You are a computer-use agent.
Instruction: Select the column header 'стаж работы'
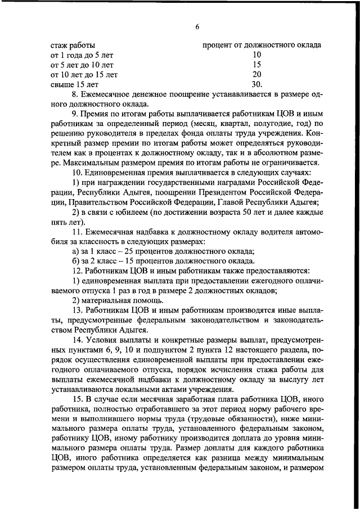73,44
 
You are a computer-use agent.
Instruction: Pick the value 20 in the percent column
256,74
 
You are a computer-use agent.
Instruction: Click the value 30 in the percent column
256,84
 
